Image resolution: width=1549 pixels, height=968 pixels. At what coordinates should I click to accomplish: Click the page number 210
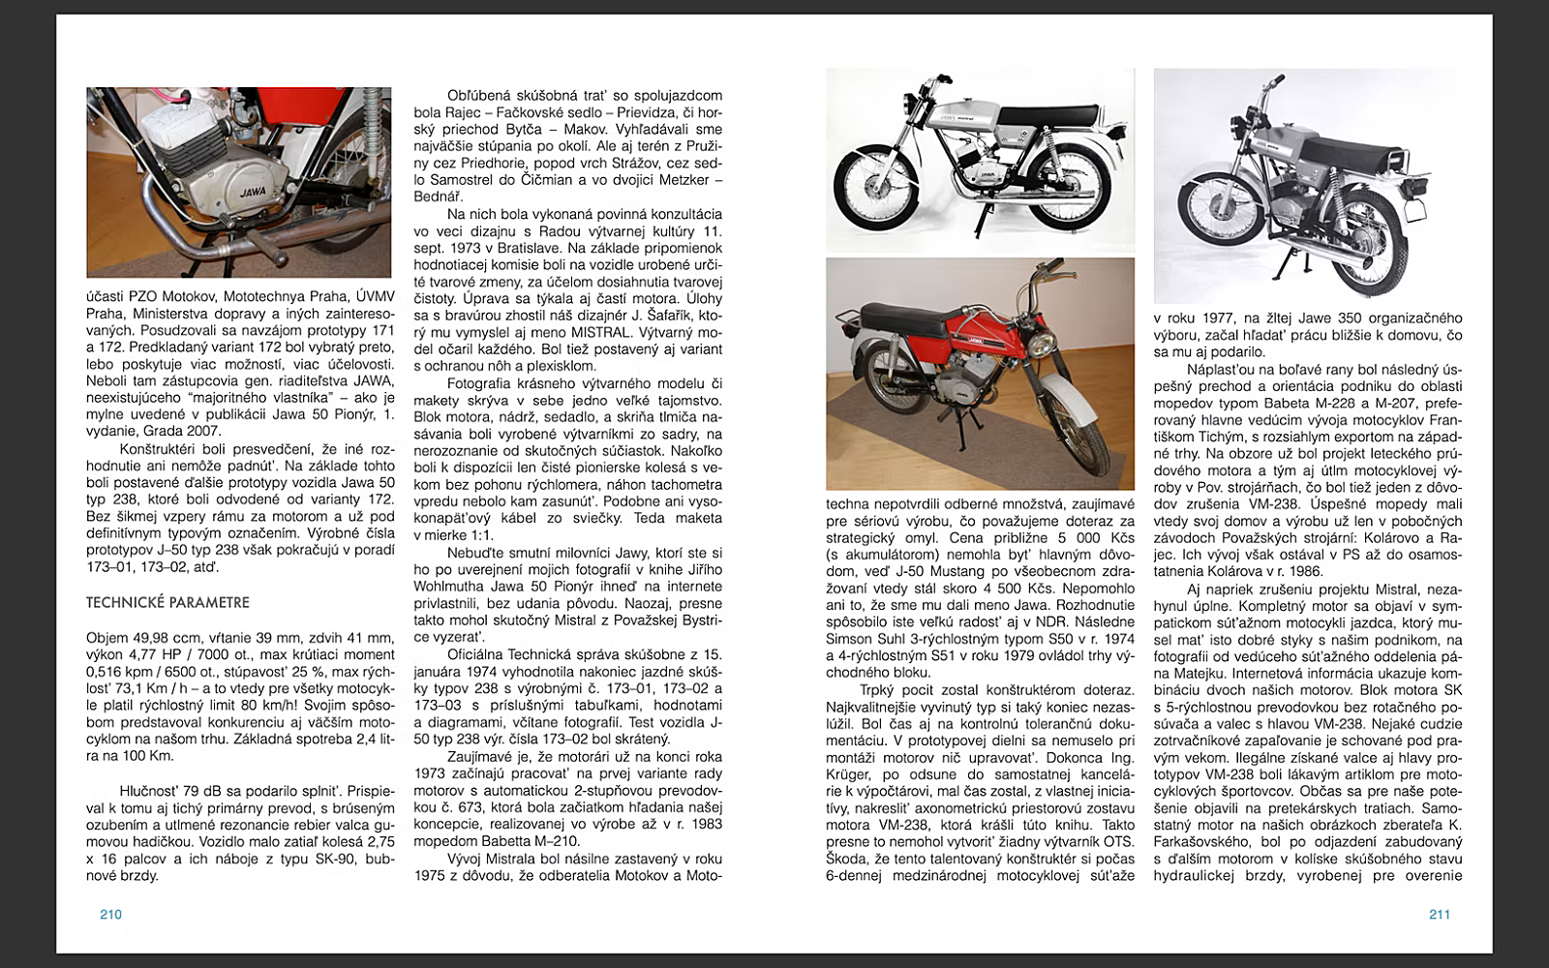pos(110,915)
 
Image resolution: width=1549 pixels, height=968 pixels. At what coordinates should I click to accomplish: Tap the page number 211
pos(1439,915)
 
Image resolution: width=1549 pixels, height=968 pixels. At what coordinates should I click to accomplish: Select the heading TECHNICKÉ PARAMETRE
pos(167,602)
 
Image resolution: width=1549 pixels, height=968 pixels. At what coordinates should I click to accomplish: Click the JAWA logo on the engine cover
pos(253,193)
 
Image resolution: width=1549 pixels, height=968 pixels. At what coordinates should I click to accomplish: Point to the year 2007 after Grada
pos(202,431)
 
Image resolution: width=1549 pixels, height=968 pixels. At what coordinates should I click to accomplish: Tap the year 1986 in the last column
pos(1310,571)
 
